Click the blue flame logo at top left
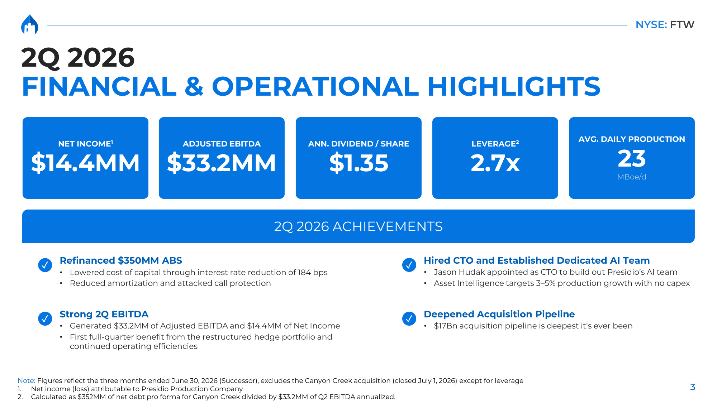[x=30, y=24]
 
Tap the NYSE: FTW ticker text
[x=665, y=24]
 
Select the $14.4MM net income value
[x=85, y=163]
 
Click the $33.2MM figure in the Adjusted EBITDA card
[x=222, y=163]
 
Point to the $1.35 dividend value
[x=358, y=163]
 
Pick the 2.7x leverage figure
[x=495, y=163]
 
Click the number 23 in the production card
[x=632, y=158]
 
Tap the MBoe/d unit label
[x=632, y=177]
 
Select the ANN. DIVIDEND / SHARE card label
[x=358, y=144]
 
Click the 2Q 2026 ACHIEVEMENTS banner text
[x=358, y=226]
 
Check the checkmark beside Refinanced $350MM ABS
[x=45, y=265]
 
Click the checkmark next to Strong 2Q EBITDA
[x=45, y=318]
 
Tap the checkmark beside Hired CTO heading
[x=409, y=265]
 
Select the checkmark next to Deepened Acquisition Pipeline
[x=409, y=318]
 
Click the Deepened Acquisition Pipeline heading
[x=499, y=314]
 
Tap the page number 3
[x=693, y=387]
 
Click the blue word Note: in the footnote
[x=27, y=380]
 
